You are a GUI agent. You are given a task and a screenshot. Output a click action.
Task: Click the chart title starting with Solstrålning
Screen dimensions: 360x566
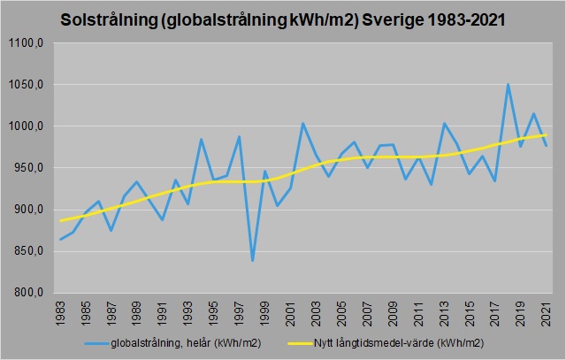(x=282, y=19)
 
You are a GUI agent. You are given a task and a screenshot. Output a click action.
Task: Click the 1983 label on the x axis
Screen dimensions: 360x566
(x=61, y=311)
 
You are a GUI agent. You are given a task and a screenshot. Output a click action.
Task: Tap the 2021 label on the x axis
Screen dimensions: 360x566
(x=547, y=311)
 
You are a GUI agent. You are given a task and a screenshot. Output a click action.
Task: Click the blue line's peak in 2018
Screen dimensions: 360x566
(x=509, y=84)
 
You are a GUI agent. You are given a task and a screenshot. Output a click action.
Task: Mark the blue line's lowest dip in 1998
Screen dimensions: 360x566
(x=253, y=260)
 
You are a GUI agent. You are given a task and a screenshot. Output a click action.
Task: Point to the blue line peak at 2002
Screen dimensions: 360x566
(x=303, y=123)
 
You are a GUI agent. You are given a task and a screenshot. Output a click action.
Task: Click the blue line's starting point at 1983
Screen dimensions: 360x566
(x=61, y=239)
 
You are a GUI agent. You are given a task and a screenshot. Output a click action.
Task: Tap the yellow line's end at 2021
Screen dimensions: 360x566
(x=547, y=134)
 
